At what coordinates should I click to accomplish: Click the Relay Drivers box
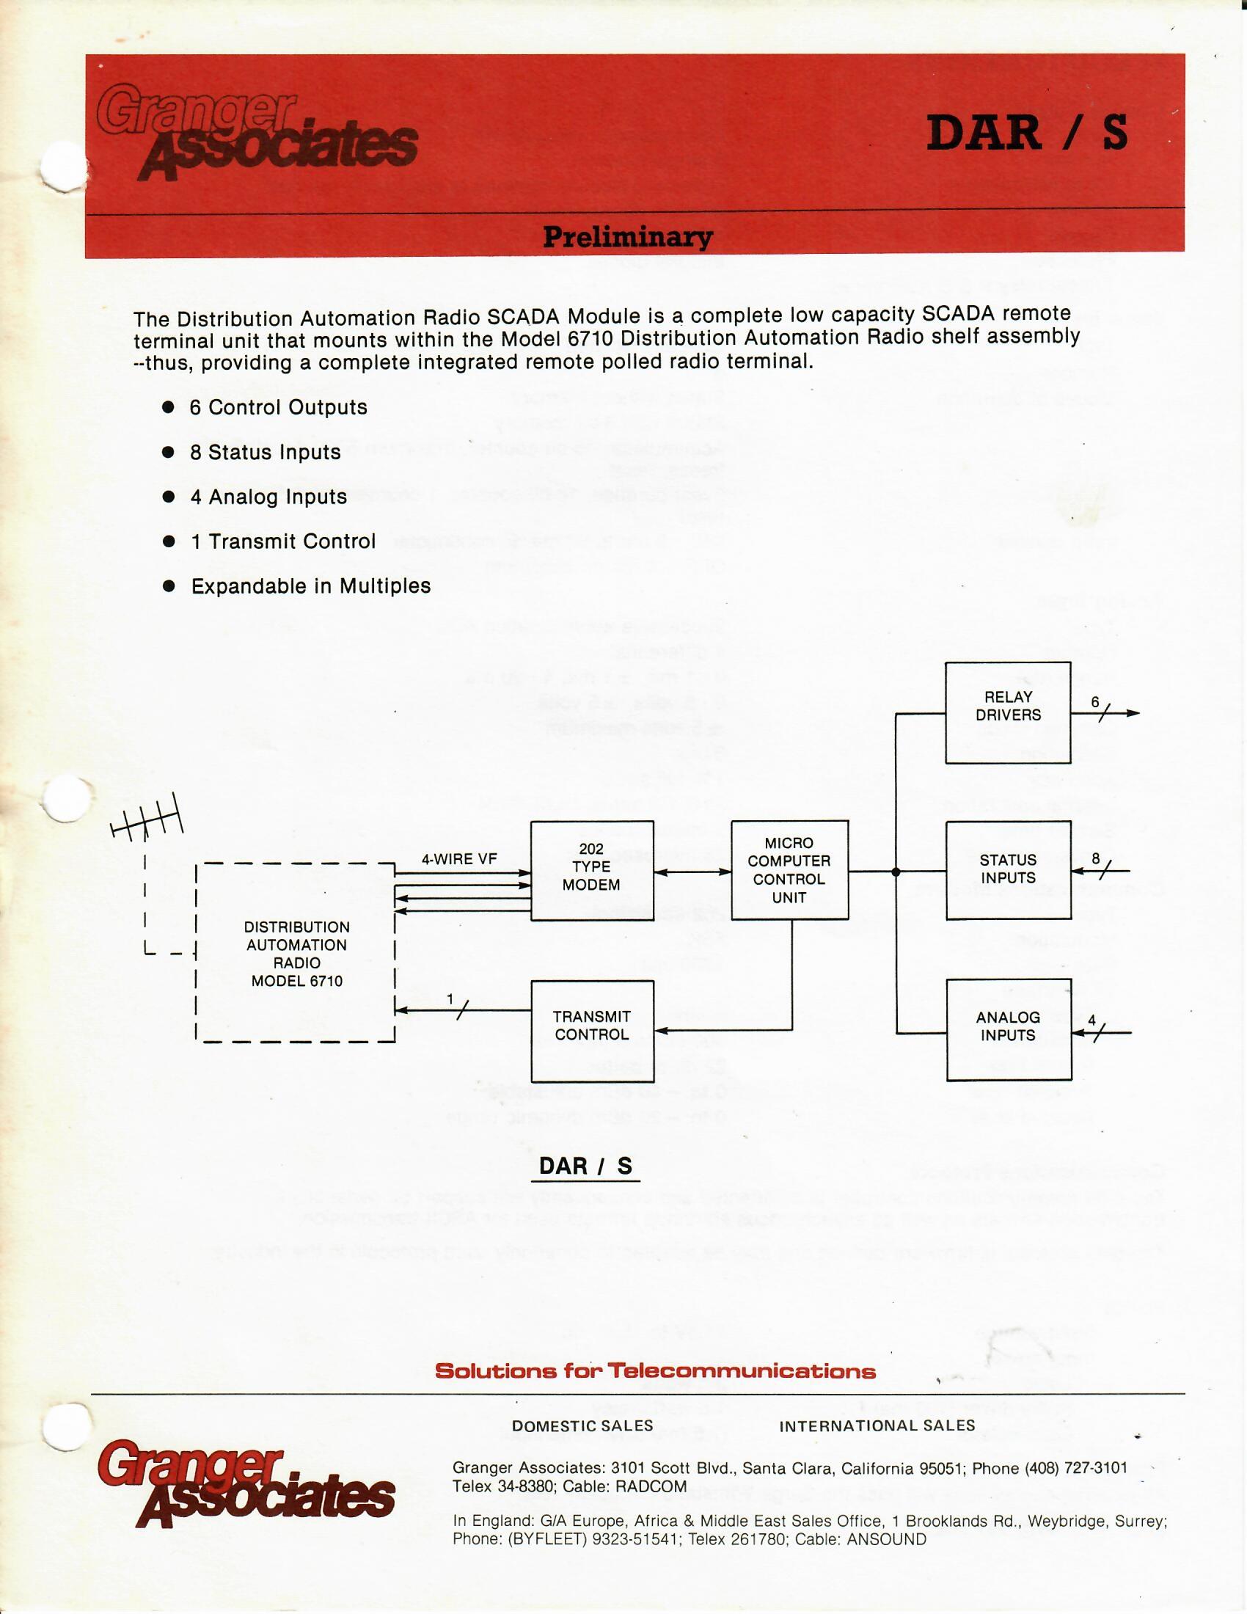(1008, 712)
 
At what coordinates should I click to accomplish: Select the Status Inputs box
(1008, 870)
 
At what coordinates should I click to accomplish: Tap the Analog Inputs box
(1008, 1029)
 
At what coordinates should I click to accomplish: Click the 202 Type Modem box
(592, 870)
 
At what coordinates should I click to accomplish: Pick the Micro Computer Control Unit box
(789, 870)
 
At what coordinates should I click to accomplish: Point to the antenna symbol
(147, 822)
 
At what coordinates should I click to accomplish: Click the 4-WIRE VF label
(458, 859)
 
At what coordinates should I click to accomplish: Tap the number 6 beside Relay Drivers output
(1096, 701)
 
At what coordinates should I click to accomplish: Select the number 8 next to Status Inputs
(1096, 858)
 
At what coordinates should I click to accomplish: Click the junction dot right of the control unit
(896, 872)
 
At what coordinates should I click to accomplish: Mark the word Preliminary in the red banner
(628, 236)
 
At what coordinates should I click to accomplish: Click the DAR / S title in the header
(1027, 133)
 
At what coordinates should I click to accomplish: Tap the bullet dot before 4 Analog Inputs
(169, 497)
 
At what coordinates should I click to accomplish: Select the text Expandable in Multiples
(311, 586)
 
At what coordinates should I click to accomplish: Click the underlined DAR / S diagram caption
(585, 1166)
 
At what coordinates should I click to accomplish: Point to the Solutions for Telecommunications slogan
(655, 1372)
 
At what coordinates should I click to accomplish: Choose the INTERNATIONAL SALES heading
(877, 1426)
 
